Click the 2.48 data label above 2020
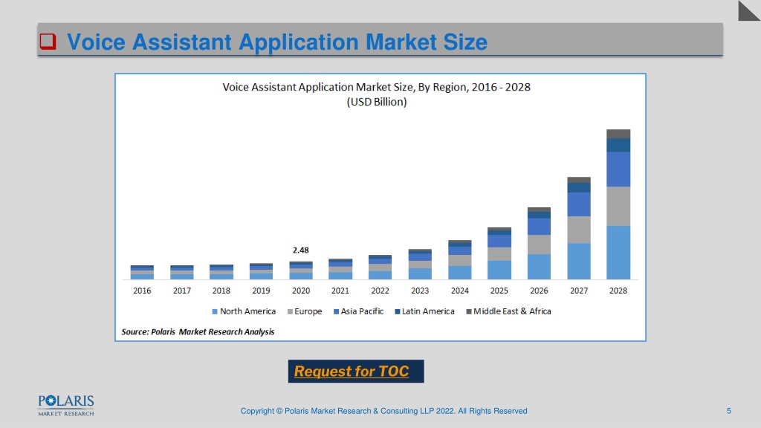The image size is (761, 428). (x=300, y=250)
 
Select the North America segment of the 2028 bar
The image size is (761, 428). (x=618, y=253)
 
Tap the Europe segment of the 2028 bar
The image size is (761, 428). (x=618, y=207)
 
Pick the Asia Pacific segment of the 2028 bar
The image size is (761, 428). (x=618, y=169)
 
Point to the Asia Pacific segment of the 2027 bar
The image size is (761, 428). (x=579, y=204)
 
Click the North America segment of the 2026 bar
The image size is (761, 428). (x=540, y=267)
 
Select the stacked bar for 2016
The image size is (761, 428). (x=142, y=272)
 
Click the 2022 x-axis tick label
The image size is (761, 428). (x=380, y=291)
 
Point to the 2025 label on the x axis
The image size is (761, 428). (x=499, y=291)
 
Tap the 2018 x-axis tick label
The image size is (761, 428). (x=221, y=291)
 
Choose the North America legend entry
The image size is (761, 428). (x=244, y=311)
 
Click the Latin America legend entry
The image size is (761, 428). (x=424, y=311)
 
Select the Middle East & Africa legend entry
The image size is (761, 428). (x=508, y=311)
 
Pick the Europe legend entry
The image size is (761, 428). (x=305, y=311)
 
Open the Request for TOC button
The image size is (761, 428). (x=356, y=372)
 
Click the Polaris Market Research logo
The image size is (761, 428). (x=66, y=406)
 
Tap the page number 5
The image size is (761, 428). (x=728, y=411)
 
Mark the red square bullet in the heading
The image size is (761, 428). (x=48, y=42)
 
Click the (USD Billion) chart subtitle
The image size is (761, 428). (x=377, y=102)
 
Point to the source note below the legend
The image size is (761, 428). (x=198, y=332)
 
